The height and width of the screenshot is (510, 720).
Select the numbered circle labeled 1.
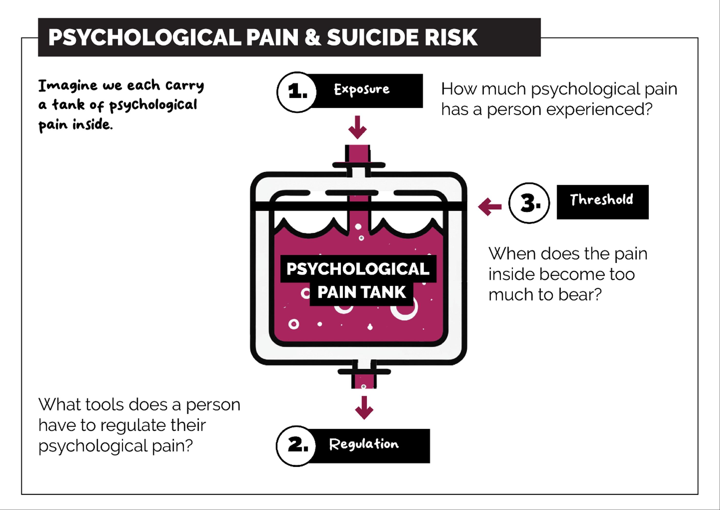(x=296, y=92)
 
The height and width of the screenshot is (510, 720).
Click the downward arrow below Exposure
(x=357, y=127)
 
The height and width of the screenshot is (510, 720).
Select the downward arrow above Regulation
(x=364, y=408)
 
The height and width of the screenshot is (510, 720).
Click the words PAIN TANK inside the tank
(x=361, y=292)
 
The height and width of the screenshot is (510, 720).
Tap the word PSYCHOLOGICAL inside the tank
(x=358, y=269)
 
